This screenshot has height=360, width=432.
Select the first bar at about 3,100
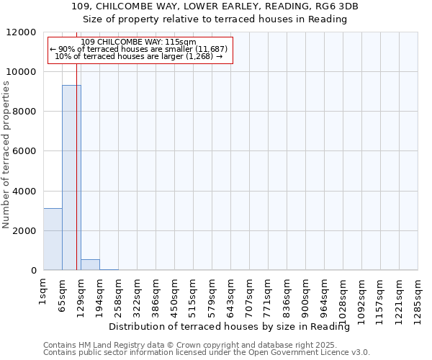pyautogui.click(x=53, y=239)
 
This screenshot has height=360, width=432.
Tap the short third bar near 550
pyautogui.click(x=90, y=264)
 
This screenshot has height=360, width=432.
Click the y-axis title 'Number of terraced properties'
pyautogui.click(x=7, y=155)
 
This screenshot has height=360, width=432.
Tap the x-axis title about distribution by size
pyautogui.click(x=234, y=327)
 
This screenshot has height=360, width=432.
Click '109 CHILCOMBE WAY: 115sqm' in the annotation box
pyautogui.click(x=139, y=42)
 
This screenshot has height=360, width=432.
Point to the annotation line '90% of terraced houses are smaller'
pyautogui.click(x=139, y=49)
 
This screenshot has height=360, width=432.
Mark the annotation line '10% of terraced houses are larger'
pyautogui.click(x=139, y=56)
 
